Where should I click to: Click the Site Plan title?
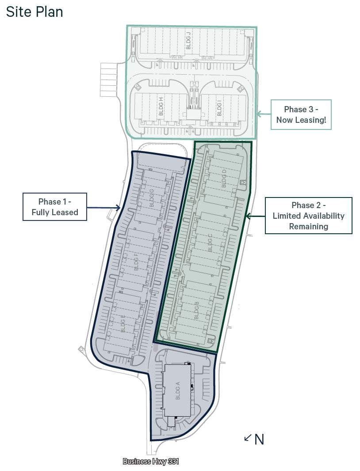[34, 12]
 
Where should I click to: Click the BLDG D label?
[223, 178]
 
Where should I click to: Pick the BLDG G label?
[152, 198]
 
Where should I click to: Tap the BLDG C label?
[210, 243]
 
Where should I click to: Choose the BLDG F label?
[136, 261]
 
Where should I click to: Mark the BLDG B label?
[197, 311]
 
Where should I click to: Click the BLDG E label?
[123, 324]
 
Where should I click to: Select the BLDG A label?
[177, 391]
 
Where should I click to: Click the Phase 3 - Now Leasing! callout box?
[301, 114]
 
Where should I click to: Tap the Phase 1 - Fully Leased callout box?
[55, 207]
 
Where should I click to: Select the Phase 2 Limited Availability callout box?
[309, 215]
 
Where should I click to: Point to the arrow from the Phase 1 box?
[104, 207]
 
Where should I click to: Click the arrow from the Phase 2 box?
[255, 216]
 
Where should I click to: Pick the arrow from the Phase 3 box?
[264, 114]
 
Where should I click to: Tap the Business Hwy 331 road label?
[151, 461]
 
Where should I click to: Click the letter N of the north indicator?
[259, 440]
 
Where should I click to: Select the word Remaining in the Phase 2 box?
[309, 226]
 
